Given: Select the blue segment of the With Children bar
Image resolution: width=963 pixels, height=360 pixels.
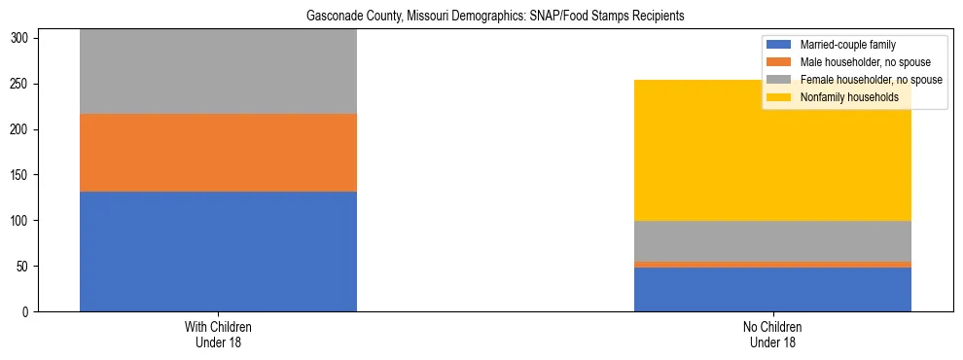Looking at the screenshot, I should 218,251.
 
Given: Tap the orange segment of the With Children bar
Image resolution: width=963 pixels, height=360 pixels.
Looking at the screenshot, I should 218,153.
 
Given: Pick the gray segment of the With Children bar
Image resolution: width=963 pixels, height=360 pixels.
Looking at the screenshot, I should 218,72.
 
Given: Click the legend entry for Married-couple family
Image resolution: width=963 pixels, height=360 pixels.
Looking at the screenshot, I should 847,45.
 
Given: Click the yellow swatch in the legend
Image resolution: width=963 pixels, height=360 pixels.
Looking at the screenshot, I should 779,97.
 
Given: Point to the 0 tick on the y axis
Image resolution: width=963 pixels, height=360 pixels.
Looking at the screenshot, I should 28,312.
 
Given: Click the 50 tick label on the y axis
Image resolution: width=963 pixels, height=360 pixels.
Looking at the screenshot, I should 25,267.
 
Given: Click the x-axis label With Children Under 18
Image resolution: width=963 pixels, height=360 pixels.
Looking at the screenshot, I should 218,335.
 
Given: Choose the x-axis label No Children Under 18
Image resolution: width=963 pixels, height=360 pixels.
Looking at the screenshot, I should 772,335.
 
